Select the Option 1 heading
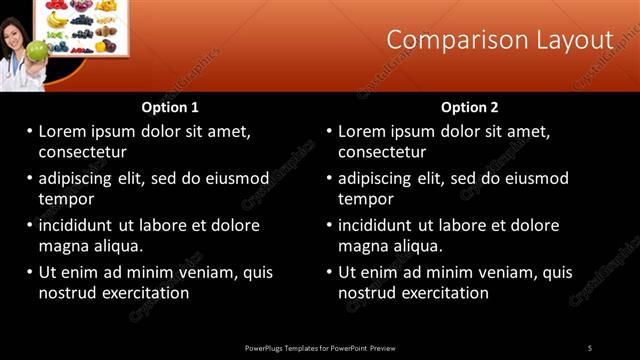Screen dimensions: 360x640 pos(170,107)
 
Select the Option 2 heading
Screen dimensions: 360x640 pos(469,107)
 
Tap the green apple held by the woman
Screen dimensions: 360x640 pos(37,50)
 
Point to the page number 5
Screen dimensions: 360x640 pos(590,348)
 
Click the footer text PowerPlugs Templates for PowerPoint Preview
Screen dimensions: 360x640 pos(320,348)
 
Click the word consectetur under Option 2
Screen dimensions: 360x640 pos(382,152)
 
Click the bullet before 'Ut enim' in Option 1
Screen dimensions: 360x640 pos(29,272)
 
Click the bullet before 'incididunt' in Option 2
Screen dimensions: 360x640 pos(329,225)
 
